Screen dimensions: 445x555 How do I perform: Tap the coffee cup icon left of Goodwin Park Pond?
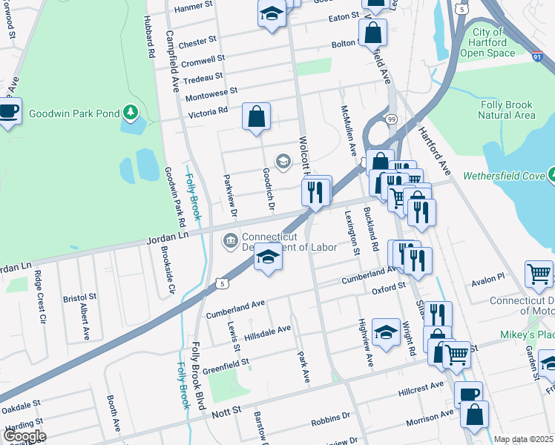9,111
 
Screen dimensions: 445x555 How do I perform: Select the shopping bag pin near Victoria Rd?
256,116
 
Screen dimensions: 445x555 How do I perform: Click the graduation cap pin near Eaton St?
272,13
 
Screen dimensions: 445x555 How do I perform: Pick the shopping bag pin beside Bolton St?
372,33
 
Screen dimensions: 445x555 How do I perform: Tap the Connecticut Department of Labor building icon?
230,240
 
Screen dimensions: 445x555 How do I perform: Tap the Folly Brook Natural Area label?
506,111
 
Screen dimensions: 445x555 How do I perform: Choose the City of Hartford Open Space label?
487,42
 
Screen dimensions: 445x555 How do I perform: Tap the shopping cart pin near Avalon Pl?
538,274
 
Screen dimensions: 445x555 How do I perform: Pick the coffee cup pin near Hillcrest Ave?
467,394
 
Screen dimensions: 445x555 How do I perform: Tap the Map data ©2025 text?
523,439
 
